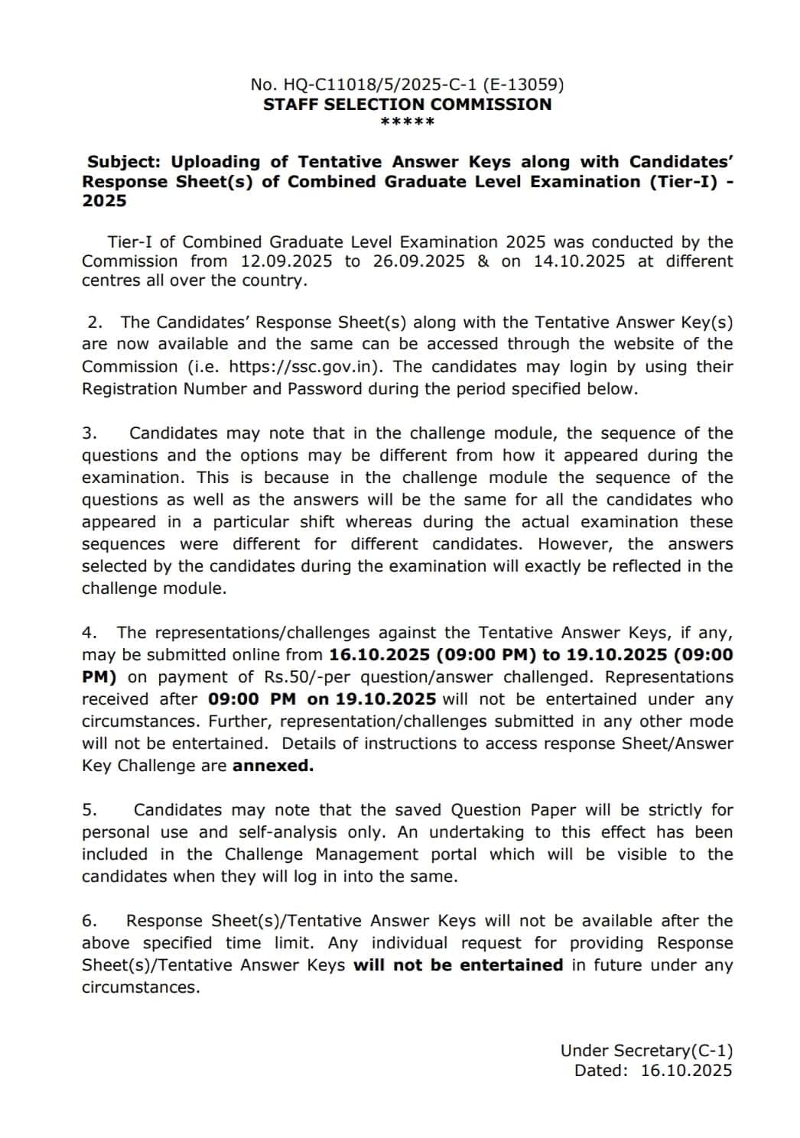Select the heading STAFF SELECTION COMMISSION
pos(407,105)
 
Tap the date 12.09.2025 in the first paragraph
pos(286,261)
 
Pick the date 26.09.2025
pos(418,261)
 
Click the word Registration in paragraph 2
pos(129,389)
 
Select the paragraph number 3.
pos(89,433)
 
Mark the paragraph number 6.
pos(89,921)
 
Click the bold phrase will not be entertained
pos(457,965)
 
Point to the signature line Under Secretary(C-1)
pos(646,1051)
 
